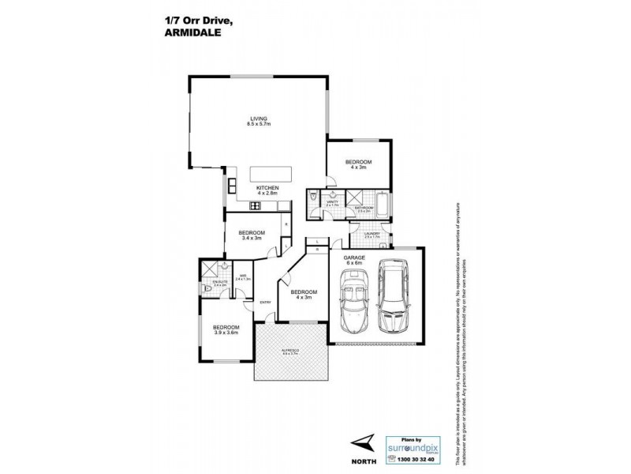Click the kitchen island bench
click(271, 174)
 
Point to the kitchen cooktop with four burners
click(256, 206)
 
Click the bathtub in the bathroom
click(383, 204)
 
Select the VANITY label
click(332, 203)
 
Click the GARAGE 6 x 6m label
click(353, 260)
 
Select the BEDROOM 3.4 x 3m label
click(252, 235)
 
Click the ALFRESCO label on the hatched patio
click(289, 350)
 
